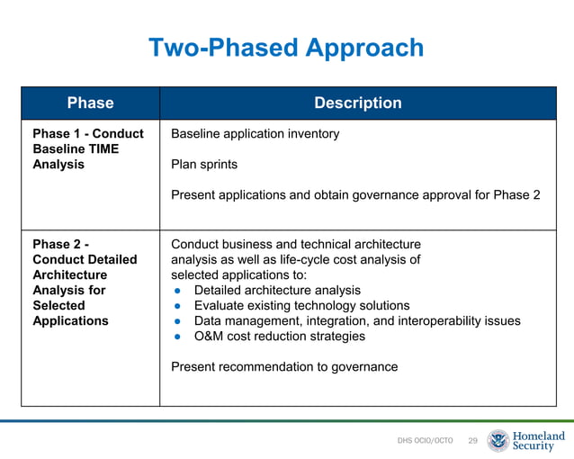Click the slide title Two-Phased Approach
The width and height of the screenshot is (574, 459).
coord(285,48)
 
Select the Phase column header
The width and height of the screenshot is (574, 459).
coord(90,103)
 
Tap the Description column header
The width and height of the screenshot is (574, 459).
coord(357,103)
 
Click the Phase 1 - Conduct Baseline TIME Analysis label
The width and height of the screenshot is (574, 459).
coord(87,148)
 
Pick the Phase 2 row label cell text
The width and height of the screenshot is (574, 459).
coord(85,282)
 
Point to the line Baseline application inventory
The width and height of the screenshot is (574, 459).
coord(255,134)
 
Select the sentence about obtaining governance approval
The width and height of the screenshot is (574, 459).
coord(355,195)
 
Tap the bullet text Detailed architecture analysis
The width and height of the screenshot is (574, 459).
coord(277,290)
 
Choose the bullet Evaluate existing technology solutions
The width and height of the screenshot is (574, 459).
coord(301,305)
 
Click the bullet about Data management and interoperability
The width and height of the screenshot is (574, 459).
coord(356,320)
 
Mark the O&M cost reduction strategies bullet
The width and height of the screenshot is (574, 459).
coord(279,336)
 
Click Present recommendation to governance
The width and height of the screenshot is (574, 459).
coord(283,366)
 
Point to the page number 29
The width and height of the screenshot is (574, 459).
coord(472,441)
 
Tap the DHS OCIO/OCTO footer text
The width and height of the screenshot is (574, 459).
coord(425,441)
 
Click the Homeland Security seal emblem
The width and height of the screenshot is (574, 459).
coord(498,440)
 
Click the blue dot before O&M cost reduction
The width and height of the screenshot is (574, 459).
coord(178,337)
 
